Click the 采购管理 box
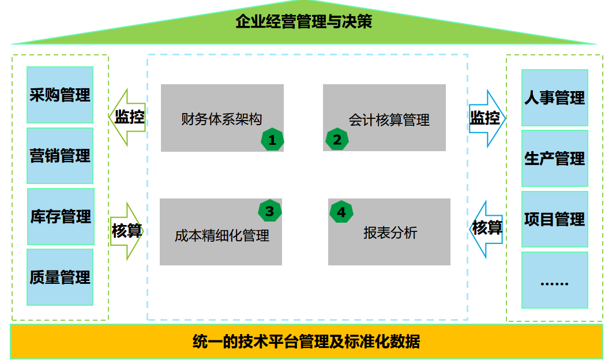tap(60, 95)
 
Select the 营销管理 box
tap(60, 156)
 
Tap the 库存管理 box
tap(61, 217)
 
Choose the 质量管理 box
tap(60, 277)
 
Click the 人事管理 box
tap(554, 98)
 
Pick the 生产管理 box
tap(554, 158)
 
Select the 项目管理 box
tap(554, 219)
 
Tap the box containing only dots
tap(554, 280)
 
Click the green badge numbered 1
tap(272, 140)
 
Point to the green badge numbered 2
tap(337, 140)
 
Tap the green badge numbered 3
tap(269, 212)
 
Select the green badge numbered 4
tap(341, 212)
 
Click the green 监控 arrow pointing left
tap(127, 117)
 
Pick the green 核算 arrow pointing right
tap(126, 231)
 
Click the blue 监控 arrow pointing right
tap(486, 118)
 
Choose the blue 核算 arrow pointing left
tap(486, 228)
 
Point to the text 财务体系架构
tap(221, 119)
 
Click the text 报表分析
tap(390, 232)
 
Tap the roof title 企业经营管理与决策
tap(304, 22)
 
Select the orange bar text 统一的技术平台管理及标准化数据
tap(306, 342)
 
